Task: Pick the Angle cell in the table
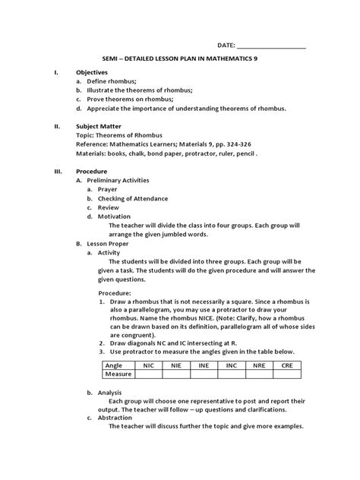(114, 365)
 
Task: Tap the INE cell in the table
(204, 365)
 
